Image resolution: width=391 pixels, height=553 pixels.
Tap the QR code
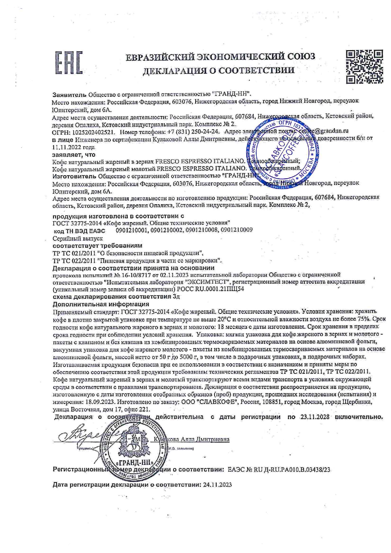tap(364, 66)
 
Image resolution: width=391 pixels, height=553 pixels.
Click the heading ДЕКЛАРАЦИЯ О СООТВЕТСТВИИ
tap(219, 70)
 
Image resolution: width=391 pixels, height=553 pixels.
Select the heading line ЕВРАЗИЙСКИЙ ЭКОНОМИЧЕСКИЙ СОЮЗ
tap(220, 57)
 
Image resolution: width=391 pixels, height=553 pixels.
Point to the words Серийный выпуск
tap(78, 238)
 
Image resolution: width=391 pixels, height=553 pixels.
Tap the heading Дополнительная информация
tap(101, 304)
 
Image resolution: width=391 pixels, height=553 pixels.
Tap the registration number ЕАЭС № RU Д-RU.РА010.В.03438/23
tap(279, 469)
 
